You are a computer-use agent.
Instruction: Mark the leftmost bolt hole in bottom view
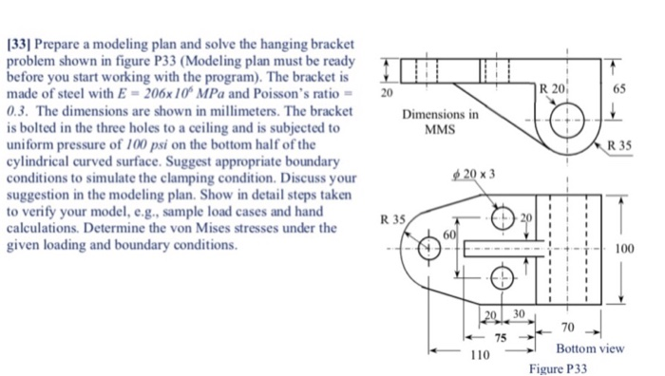pyautogui.click(x=429, y=249)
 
